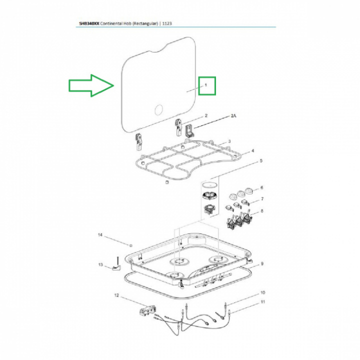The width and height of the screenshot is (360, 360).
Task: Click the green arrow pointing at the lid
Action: (x=91, y=85)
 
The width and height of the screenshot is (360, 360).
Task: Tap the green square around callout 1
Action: (x=207, y=85)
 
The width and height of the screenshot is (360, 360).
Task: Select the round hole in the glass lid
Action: (x=158, y=110)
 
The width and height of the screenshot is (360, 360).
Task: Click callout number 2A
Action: (x=233, y=116)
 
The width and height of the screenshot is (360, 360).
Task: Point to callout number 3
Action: (x=229, y=141)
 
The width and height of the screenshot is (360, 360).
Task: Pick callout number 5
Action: (x=261, y=160)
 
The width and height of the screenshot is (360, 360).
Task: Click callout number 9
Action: (x=262, y=264)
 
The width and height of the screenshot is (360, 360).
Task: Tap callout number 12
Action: (x=116, y=295)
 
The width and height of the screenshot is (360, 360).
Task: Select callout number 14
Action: (x=100, y=235)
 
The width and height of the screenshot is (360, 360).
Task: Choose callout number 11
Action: (x=262, y=301)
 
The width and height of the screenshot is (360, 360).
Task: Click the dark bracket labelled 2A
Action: (x=189, y=130)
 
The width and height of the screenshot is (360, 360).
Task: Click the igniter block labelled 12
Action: (x=147, y=311)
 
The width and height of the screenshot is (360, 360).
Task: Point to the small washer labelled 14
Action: (x=131, y=245)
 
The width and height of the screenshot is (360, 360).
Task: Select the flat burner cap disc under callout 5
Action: (x=209, y=185)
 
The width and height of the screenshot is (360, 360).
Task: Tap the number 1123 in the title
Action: (x=167, y=23)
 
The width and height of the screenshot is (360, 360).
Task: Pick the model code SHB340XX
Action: (x=89, y=23)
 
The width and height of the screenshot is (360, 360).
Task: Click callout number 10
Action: (x=262, y=292)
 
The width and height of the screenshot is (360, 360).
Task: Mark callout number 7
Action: (x=262, y=199)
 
